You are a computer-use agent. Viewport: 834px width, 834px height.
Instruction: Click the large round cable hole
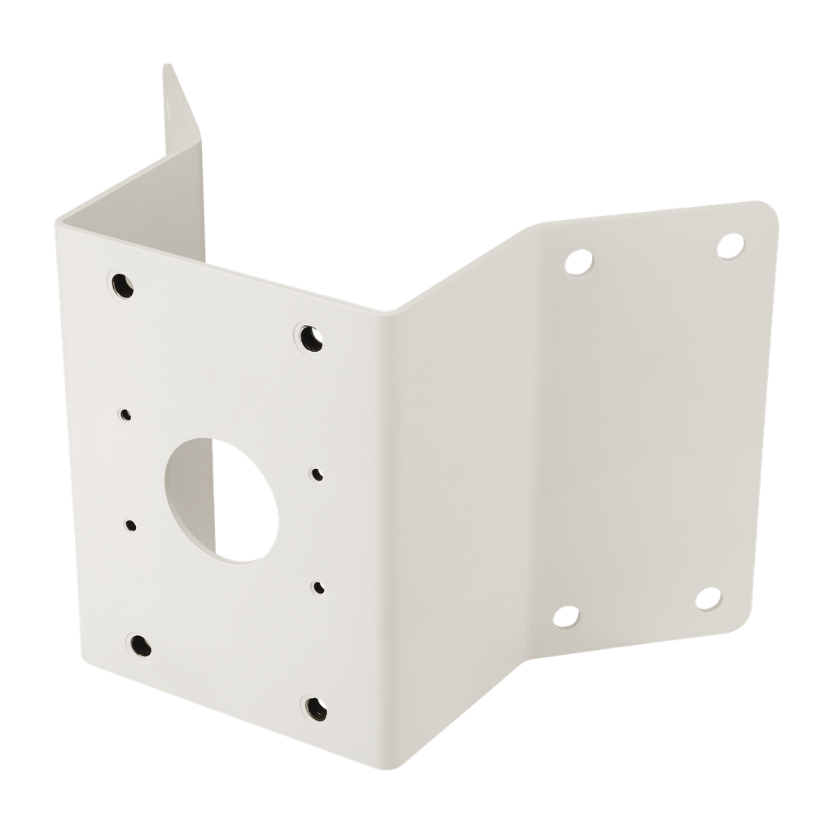(220, 497)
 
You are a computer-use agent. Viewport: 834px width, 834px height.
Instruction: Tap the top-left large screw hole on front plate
(121, 283)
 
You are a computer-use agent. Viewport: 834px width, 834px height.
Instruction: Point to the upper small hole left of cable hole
(125, 414)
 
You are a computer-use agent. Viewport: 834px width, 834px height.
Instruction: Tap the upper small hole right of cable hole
(316, 472)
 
